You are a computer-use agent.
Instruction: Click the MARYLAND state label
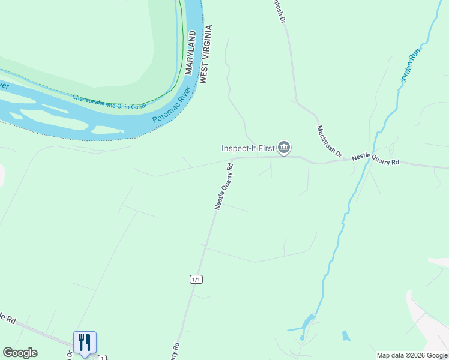pos(191,53)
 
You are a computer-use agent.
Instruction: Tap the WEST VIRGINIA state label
pos(204,54)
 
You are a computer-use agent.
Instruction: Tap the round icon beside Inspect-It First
pos(285,148)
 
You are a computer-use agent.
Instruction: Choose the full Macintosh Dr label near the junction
pos(328,142)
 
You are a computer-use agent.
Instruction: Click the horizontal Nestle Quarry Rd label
pos(375,159)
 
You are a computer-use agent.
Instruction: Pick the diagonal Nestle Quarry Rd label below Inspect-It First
pos(224,185)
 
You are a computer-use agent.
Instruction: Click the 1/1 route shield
pos(196,279)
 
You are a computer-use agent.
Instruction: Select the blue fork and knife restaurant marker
pos(85,343)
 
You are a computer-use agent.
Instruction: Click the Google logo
pos(20,353)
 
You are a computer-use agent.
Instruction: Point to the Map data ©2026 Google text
pos(412,355)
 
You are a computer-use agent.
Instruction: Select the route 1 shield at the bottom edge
pos(102,356)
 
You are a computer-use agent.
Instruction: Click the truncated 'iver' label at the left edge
pos(4,86)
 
